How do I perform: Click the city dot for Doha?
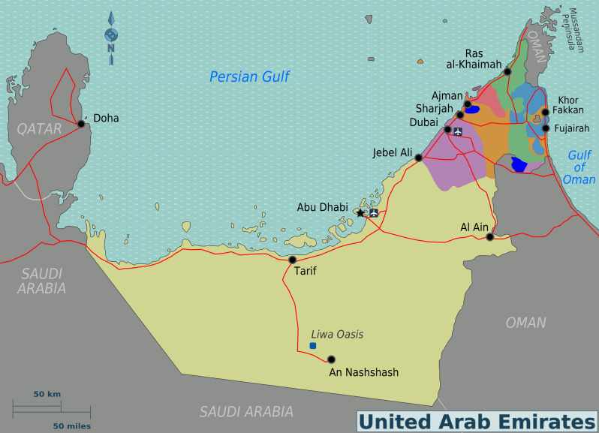tap(80, 124)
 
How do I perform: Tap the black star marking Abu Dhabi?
tap(360, 213)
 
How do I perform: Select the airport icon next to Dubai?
tap(458, 131)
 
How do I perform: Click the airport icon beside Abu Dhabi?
tap(374, 213)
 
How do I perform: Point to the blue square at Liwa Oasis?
tap(312, 345)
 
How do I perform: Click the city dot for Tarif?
tap(293, 260)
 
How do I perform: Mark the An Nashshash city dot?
tap(331, 359)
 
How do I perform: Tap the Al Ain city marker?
tap(490, 237)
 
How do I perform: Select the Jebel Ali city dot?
tap(419, 158)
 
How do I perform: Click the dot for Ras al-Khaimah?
tap(507, 72)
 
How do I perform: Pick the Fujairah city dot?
tap(546, 128)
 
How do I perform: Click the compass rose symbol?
tap(111, 35)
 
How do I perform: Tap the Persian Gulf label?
tap(249, 77)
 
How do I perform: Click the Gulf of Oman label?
tap(579, 167)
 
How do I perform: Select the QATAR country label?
tap(39, 129)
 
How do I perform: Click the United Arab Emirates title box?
tap(476, 421)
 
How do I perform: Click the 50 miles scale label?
tap(72, 425)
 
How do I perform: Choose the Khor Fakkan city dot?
tap(545, 112)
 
